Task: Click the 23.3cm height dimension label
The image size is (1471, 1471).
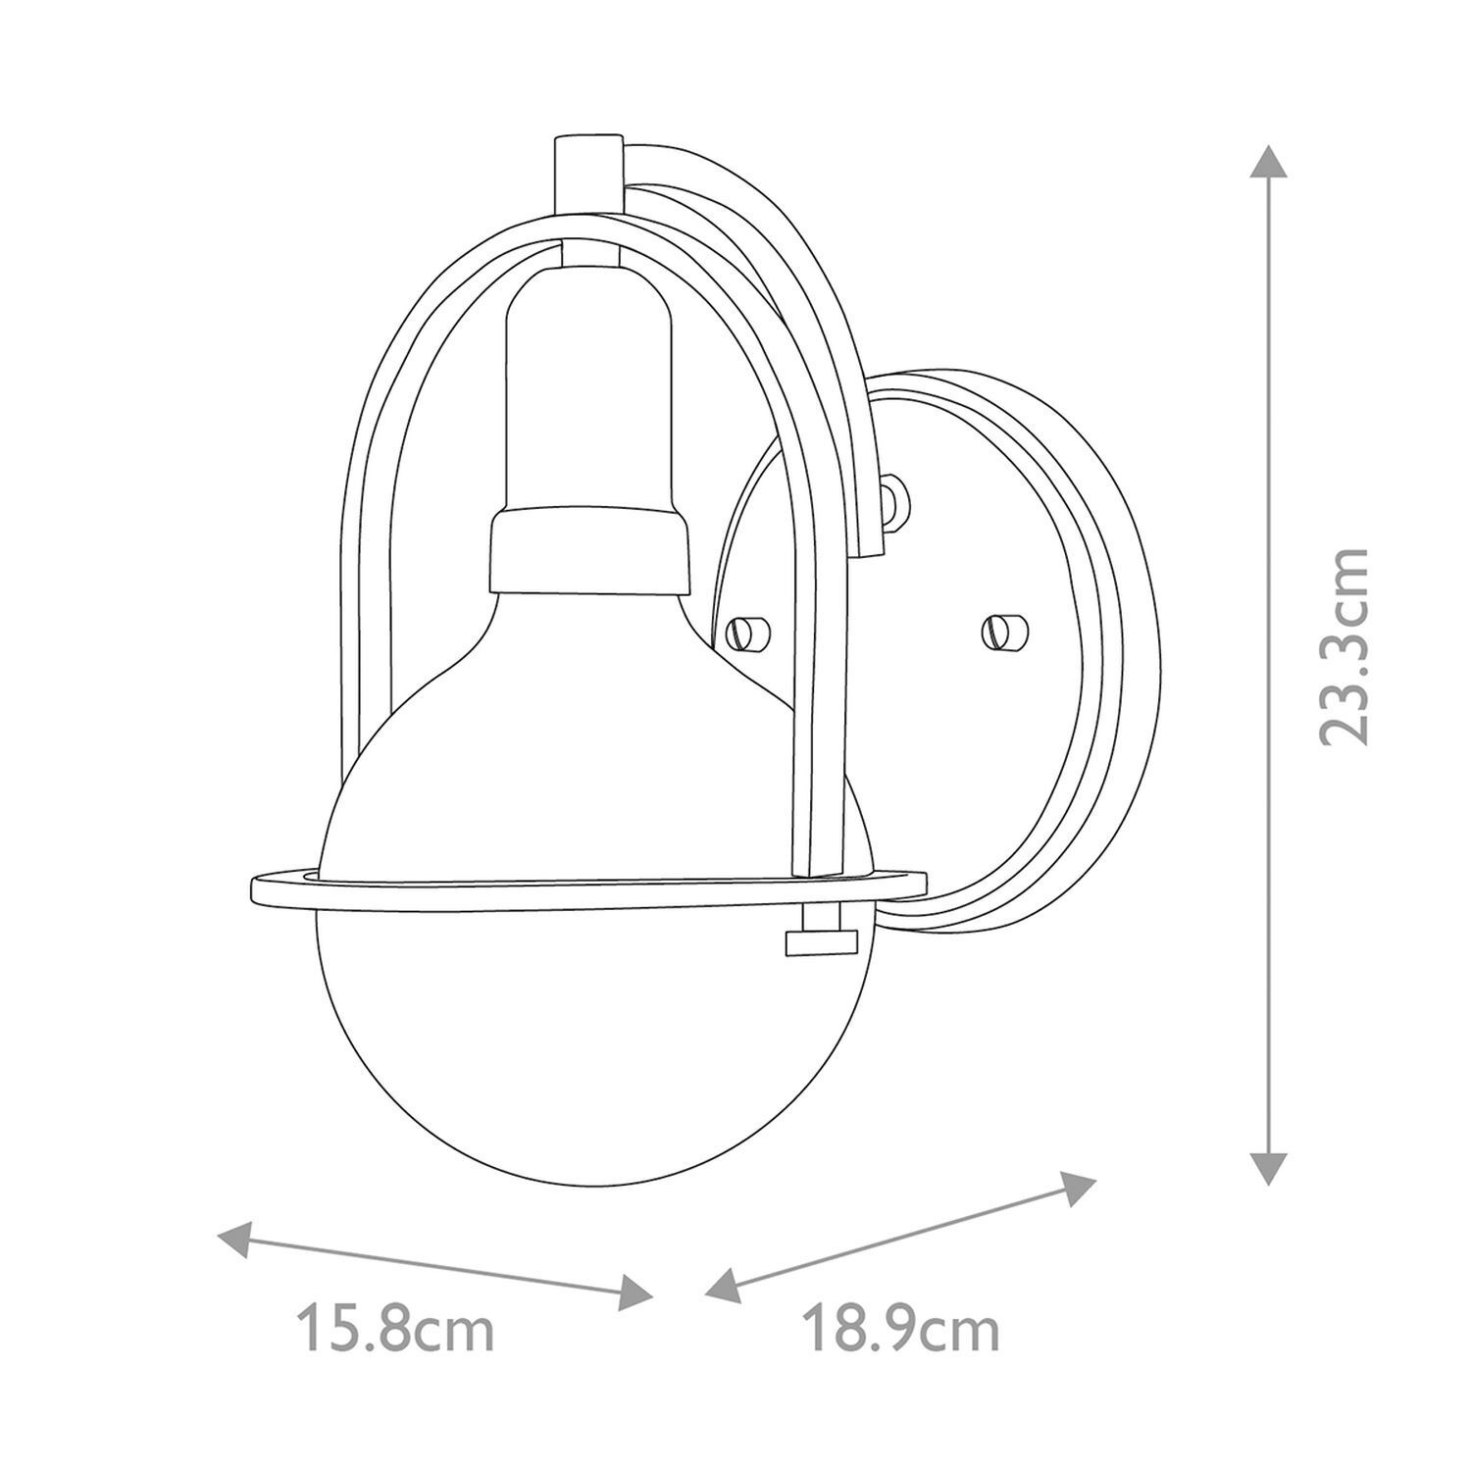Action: coord(1342,646)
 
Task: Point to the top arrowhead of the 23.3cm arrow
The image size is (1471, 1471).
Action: coord(1268,161)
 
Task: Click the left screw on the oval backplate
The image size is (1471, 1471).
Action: coord(750,632)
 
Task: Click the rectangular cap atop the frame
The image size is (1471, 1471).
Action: coord(588,173)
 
